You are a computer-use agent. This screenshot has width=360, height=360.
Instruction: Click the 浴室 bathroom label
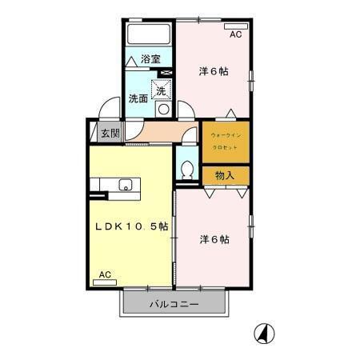pos(150,58)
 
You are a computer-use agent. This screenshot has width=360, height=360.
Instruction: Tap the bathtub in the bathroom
pos(150,35)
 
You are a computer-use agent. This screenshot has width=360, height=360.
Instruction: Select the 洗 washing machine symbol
pos(161,91)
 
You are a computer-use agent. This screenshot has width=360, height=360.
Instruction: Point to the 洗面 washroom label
pos(138,99)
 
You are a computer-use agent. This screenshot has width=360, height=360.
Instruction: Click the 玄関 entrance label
pos(110,134)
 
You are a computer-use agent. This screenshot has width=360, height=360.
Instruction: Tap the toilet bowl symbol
pos(186,169)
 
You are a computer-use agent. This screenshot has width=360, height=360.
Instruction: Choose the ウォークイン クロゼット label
pos(225,141)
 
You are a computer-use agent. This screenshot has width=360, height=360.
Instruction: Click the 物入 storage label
pos(225,174)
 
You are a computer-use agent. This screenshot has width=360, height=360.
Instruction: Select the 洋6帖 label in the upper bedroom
pos(214,71)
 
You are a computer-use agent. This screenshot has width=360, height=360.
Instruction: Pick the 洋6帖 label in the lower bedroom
pos(214,238)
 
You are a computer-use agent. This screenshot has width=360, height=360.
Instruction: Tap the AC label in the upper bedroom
pos(235,36)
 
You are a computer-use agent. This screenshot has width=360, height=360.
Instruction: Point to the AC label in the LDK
pos(105,275)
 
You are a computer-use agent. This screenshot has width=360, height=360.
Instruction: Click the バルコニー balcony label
pos(172,304)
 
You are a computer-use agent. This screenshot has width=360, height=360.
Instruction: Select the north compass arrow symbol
pos(262,332)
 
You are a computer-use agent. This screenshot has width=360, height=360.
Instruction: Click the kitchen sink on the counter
pos(126,186)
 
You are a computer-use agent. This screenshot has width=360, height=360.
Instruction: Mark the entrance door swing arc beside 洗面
pos(110,108)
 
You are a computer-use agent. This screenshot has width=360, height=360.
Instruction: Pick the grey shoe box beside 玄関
pos(94,134)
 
